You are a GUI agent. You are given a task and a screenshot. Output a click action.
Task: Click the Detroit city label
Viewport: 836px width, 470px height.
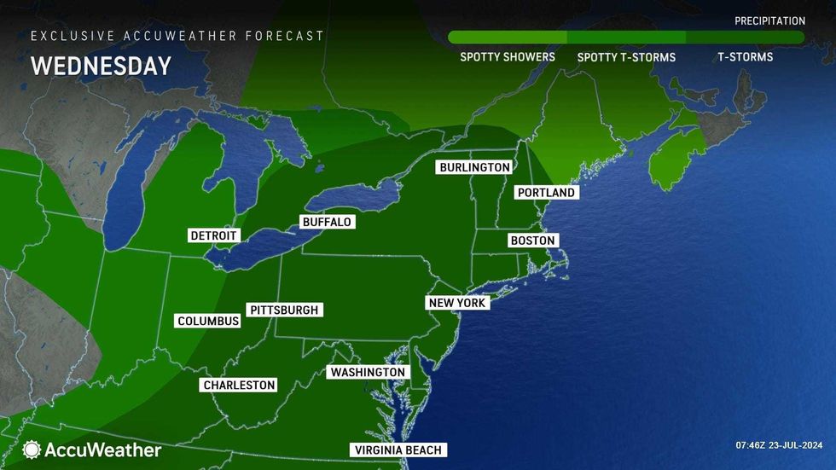(x=214, y=235)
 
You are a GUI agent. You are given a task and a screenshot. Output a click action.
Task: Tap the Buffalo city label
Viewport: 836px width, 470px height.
(x=327, y=222)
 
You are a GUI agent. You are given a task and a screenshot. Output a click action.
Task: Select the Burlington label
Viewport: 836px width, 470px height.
(x=475, y=167)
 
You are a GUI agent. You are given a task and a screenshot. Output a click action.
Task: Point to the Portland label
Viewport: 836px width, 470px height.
(x=547, y=193)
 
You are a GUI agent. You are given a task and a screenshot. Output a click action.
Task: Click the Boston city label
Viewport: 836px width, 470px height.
(x=532, y=241)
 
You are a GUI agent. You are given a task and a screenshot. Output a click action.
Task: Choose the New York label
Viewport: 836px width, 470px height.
(x=457, y=303)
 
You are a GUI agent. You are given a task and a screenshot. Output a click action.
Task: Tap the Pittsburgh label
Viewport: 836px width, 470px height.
(x=284, y=310)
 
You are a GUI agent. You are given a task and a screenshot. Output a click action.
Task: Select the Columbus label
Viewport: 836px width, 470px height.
(x=208, y=321)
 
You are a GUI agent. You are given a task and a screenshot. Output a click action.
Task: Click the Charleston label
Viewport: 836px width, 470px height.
(x=239, y=385)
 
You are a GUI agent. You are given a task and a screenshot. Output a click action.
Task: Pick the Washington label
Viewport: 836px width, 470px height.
(x=368, y=373)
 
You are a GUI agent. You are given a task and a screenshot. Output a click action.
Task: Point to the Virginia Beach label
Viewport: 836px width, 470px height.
(x=399, y=450)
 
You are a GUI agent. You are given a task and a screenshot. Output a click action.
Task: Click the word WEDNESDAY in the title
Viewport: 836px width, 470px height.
(x=101, y=67)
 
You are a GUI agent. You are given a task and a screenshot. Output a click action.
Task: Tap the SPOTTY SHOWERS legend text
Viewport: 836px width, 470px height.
(x=508, y=57)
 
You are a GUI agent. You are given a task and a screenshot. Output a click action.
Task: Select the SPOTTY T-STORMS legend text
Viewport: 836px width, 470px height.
(x=626, y=57)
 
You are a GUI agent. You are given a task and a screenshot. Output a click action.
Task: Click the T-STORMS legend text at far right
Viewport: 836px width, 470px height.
(x=745, y=57)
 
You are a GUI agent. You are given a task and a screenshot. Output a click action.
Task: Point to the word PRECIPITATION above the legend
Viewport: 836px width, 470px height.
(x=769, y=20)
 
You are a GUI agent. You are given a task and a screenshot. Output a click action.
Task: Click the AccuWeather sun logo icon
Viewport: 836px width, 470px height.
(x=32, y=449)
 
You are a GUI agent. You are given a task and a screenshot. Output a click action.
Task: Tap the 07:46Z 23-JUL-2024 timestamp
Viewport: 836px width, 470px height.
(x=779, y=445)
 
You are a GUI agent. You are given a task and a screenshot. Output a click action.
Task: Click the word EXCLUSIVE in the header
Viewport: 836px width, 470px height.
(x=65, y=36)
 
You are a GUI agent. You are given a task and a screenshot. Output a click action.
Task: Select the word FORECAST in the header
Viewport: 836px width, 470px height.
(x=285, y=36)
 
